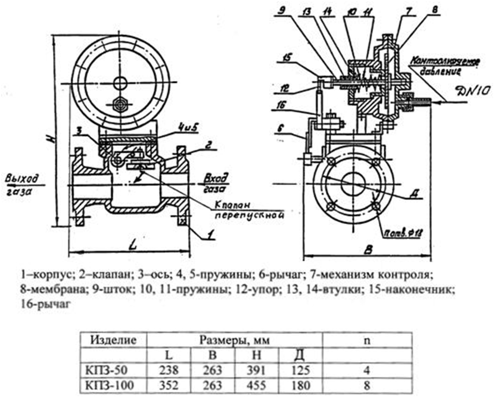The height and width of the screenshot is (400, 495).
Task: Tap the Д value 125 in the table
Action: coord(298,370)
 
